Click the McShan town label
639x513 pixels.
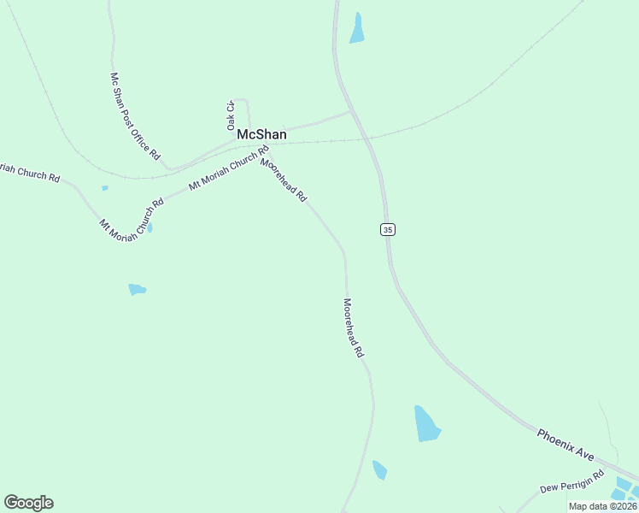261,135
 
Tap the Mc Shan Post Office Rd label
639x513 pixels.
135,116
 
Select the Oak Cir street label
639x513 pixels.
231,115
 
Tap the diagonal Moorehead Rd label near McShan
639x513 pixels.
284,179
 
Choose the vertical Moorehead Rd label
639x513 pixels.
354,327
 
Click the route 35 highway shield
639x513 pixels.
388,230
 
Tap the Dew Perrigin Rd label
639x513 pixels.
572,481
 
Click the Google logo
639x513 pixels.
28,503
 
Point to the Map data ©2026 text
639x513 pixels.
602,506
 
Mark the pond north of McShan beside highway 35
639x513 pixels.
357,29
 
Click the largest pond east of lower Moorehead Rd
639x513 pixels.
425,424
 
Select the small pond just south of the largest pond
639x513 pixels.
379,469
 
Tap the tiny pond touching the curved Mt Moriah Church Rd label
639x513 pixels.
150,228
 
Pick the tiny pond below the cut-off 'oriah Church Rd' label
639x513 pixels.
105,188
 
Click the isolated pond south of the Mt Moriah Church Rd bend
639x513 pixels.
137,290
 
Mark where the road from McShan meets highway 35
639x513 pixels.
351,111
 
